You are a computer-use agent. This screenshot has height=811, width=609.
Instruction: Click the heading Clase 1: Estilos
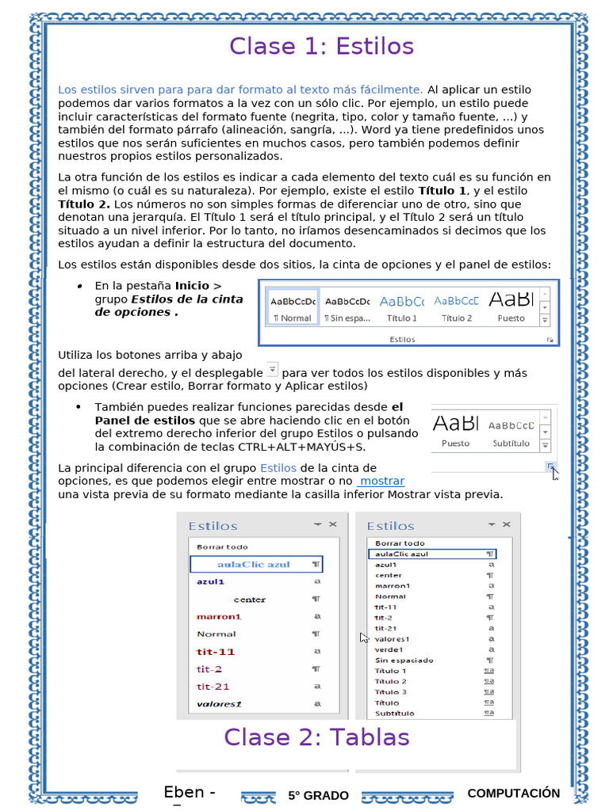click(x=321, y=47)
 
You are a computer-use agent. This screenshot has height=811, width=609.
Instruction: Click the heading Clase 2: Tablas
click(x=316, y=737)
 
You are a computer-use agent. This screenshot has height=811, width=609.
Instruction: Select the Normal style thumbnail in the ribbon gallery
click(x=292, y=308)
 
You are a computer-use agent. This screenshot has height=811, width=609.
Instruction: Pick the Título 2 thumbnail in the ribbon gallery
click(x=457, y=308)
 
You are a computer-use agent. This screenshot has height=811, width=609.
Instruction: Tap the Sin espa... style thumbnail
click(x=347, y=308)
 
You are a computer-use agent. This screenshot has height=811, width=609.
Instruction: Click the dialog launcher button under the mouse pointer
click(x=550, y=468)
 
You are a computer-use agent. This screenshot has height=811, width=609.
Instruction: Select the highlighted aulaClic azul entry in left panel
click(x=256, y=565)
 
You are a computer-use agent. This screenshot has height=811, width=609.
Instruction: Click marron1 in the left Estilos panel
click(x=219, y=616)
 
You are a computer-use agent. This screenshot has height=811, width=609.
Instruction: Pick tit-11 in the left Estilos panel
click(x=216, y=652)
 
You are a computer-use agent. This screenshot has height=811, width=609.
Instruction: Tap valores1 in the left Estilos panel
click(x=219, y=703)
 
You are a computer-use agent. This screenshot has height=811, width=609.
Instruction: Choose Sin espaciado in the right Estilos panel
click(x=404, y=660)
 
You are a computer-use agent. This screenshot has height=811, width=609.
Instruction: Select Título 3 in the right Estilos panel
click(x=391, y=691)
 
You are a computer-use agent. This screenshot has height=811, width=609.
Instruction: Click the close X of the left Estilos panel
click(x=333, y=524)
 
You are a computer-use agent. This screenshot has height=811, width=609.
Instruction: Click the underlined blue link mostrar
click(x=381, y=482)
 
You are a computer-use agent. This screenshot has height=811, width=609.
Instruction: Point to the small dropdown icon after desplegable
click(x=272, y=369)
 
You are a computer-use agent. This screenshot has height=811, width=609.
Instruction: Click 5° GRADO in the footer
click(x=318, y=795)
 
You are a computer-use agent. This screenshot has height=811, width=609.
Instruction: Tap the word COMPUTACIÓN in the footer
click(x=513, y=793)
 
